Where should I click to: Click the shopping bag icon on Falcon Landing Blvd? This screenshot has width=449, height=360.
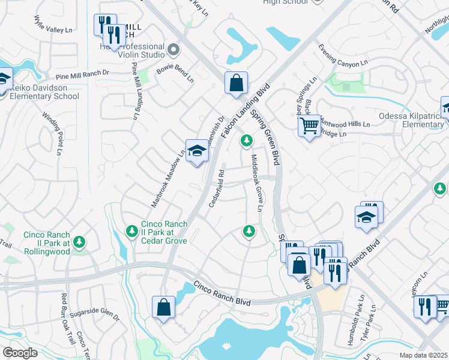coord(237,83)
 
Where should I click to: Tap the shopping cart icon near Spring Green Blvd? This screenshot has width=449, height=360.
coord(309,127)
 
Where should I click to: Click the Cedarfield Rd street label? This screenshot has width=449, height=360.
coord(217,188)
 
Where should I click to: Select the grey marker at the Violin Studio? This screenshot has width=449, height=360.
coord(173,50)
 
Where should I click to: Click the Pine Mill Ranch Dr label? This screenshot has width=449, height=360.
coord(82,75)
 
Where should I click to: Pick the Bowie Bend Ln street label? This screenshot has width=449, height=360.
coord(175,74)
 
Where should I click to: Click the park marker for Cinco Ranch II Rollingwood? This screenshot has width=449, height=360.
coord(79,242)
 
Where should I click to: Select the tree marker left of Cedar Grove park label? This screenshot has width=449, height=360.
coord(131,230)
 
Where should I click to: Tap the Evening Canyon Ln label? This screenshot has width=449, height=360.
coord(343,55)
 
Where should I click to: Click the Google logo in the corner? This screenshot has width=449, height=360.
coord(20,352)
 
